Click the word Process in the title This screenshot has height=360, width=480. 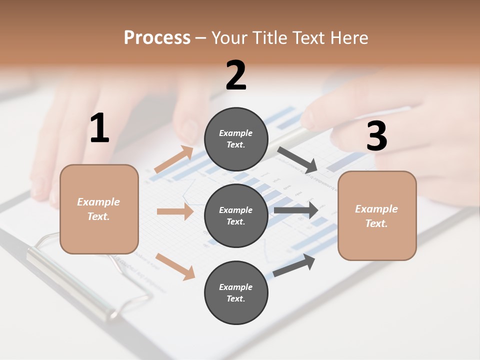pyautogui.click(x=157, y=38)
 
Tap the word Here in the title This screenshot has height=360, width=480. pyautogui.click(x=348, y=38)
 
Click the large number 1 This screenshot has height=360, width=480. pyautogui.click(x=99, y=129)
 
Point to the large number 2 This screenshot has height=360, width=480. pyautogui.click(x=236, y=75)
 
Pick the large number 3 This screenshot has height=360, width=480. pyautogui.click(x=376, y=136)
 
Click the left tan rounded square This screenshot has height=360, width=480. pyautogui.click(x=99, y=209)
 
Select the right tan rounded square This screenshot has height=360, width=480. pyautogui.click(x=377, y=215)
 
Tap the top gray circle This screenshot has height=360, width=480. pyautogui.click(x=236, y=139)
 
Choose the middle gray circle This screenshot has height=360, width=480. pyautogui.click(x=236, y=215)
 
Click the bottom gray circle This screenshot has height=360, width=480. pyautogui.click(x=236, y=292)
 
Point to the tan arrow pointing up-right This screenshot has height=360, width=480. pyautogui.click(x=174, y=159)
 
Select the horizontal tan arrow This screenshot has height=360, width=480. pyautogui.click(x=175, y=211)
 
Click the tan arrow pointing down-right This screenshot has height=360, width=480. pyautogui.click(x=175, y=266)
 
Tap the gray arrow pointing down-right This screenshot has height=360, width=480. pyautogui.click(x=298, y=159)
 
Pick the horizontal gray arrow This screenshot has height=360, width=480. pyautogui.click(x=295, y=210)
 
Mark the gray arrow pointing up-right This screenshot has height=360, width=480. pyautogui.click(x=294, y=265)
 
